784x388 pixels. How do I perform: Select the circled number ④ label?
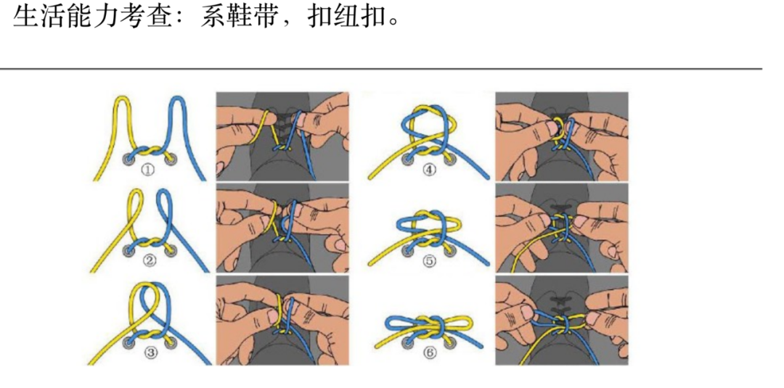(x=430, y=171)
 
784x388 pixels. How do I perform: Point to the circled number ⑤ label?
(x=430, y=262)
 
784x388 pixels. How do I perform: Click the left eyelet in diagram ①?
(x=128, y=159)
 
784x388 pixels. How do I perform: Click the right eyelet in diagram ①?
(x=171, y=159)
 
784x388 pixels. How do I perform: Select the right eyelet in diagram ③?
(x=171, y=342)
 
